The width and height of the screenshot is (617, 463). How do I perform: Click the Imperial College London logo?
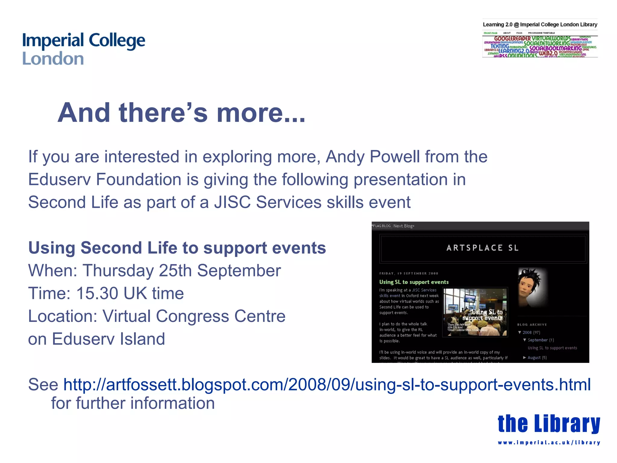coord(83,49)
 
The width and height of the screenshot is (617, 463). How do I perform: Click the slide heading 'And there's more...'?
coord(181,113)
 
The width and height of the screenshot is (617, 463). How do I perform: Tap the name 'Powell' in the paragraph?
coord(395,157)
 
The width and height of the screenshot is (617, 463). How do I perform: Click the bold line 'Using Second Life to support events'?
coord(177,248)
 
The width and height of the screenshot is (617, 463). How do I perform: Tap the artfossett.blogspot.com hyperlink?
coord(327,385)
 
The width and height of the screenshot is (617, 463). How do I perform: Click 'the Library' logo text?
coord(549,424)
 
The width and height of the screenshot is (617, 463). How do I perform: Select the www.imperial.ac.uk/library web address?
coord(549,443)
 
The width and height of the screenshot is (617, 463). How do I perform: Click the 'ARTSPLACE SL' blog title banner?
coord(482,248)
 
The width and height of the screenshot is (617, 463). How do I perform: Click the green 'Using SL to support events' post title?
coord(414,282)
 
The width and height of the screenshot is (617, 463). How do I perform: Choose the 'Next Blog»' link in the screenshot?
coord(404,226)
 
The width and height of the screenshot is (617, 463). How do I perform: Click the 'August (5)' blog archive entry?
coord(537,358)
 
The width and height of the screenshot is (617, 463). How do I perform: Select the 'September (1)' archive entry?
coord(540,340)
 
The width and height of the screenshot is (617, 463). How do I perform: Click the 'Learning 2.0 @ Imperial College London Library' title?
coord(540,25)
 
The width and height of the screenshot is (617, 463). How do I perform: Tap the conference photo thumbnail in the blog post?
coord(475,312)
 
